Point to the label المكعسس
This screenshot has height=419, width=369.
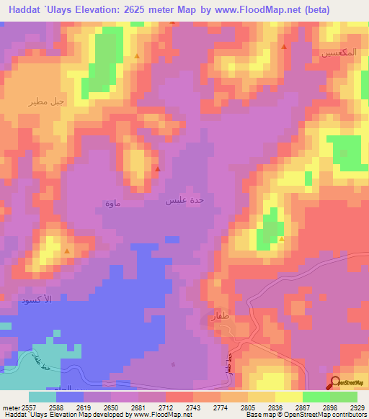pyautogui.click(x=335, y=54)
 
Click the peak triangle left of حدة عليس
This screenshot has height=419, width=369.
pyautogui.click(x=158, y=169)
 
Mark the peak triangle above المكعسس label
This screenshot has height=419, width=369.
pyautogui.click(x=283, y=47)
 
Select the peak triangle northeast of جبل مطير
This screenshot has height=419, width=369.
pyautogui.click(x=136, y=55)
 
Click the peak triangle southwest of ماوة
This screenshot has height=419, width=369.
pyautogui.click(x=67, y=251)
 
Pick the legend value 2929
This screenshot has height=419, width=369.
pyautogui.click(x=348, y=407)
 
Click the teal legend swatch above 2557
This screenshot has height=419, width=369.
pyautogui.click(x=42, y=397)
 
